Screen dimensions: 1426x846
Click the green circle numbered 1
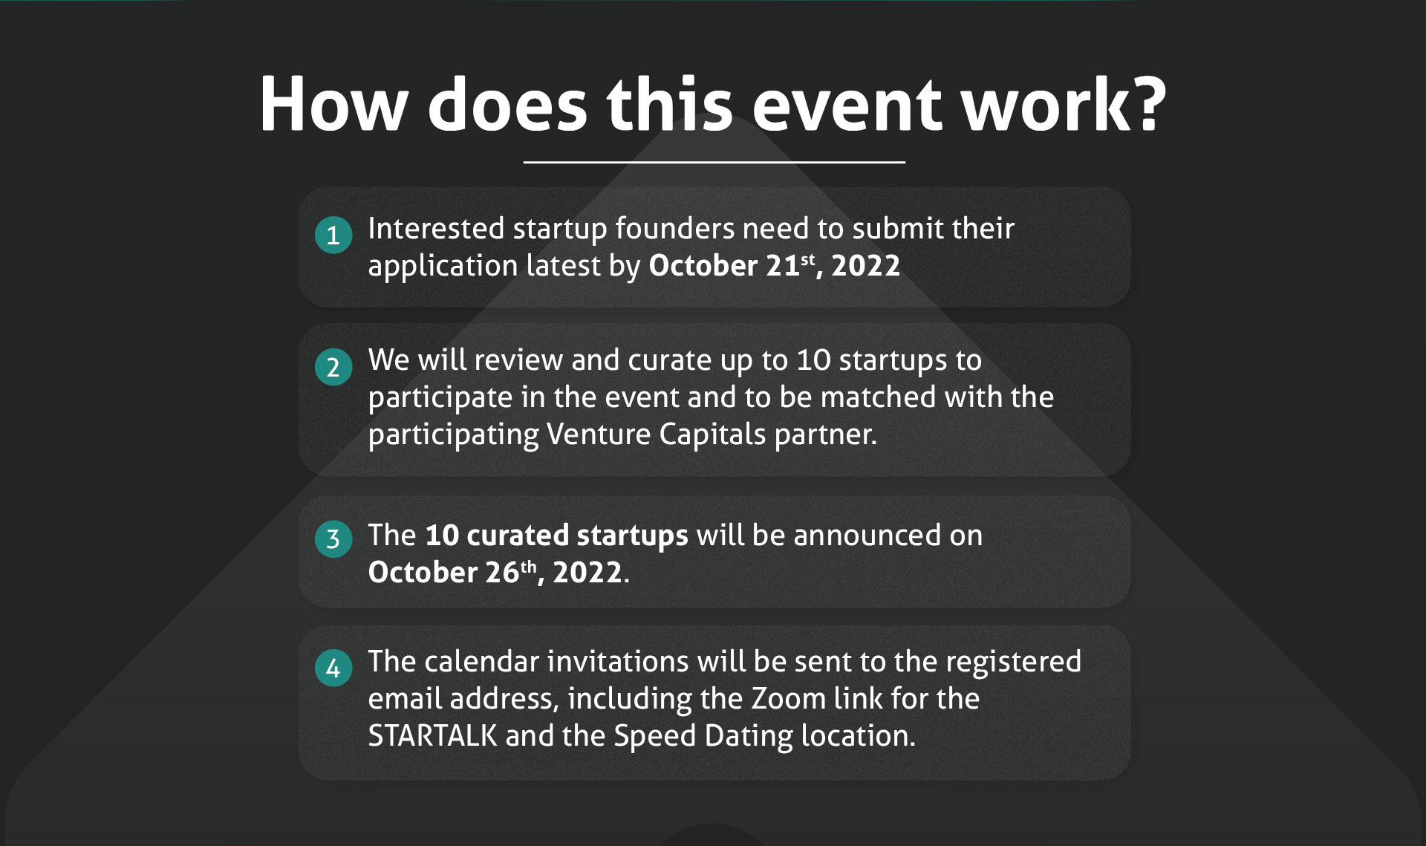[333, 235]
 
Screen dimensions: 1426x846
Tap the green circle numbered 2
[333, 367]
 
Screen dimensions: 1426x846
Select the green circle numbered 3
[333, 538]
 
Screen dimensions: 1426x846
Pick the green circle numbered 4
[333, 668]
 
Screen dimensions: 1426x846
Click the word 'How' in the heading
[334, 103]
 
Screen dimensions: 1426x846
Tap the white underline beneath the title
[714, 161]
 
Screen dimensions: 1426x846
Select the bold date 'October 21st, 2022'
[775, 265]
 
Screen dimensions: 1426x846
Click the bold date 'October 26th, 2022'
[495, 572]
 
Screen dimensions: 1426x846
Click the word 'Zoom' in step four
[789, 698]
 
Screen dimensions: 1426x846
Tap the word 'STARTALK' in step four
[432, 735]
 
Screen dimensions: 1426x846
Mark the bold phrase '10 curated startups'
[557, 536]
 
